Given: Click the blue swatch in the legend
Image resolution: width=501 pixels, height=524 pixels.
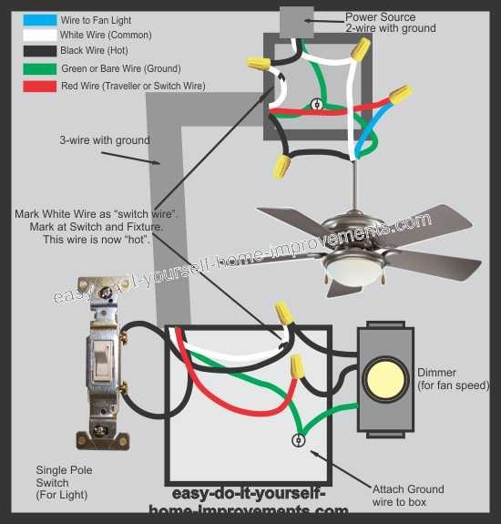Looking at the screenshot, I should tap(36, 19).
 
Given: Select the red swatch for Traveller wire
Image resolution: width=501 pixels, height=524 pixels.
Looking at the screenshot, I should tap(36, 85).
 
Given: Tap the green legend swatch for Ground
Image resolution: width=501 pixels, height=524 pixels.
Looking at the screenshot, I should tap(36, 68).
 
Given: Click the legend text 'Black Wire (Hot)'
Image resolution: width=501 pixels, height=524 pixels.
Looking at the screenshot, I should tap(93, 51).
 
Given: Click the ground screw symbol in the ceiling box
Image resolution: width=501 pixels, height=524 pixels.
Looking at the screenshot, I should tap(317, 105).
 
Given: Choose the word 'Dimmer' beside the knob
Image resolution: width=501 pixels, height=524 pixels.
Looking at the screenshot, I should tap(436, 373).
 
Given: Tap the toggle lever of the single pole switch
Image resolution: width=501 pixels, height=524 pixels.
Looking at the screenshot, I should tap(101, 362).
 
